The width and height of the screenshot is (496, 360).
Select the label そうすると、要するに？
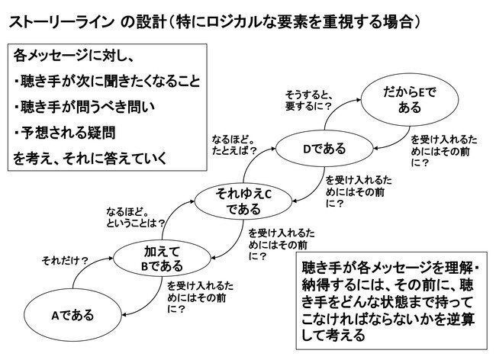click(308, 98)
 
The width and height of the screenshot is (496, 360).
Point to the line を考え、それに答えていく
click(89, 159)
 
